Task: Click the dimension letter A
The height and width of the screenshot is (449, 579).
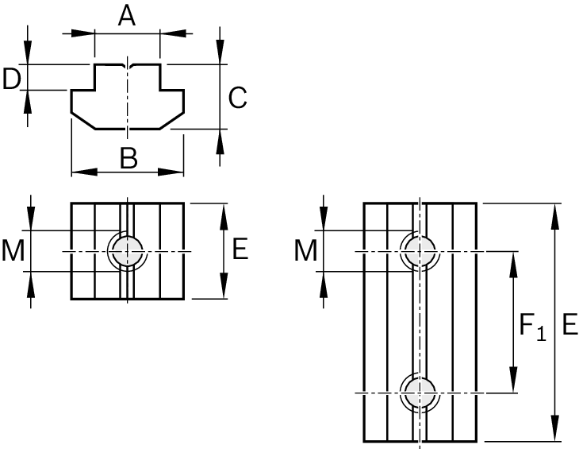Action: pyautogui.click(x=127, y=16)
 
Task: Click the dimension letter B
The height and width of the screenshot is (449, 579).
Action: pyautogui.click(x=128, y=159)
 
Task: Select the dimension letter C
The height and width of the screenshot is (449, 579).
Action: pyautogui.click(x=237, y=98)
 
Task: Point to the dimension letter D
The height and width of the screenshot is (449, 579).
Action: pyautogui.click(x=11, y=79)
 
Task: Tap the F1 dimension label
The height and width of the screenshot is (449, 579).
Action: pyautogui.click(x=531, y=325)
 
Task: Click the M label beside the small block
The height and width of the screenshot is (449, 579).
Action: pyautogui.click(x=13, y=251)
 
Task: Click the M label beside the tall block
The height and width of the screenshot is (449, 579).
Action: pyautogui.click(x=305, y=251)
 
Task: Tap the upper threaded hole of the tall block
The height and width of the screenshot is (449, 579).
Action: pyautogui.click(x=419, y=251)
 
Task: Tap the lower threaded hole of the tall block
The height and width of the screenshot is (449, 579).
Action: pyautogui.click(x=419, y=392)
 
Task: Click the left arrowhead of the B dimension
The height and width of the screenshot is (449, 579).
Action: pyautogui.click(x=79, y=171)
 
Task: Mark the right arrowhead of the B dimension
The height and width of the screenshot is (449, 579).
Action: pyautogui.click(x=176, y=171)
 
